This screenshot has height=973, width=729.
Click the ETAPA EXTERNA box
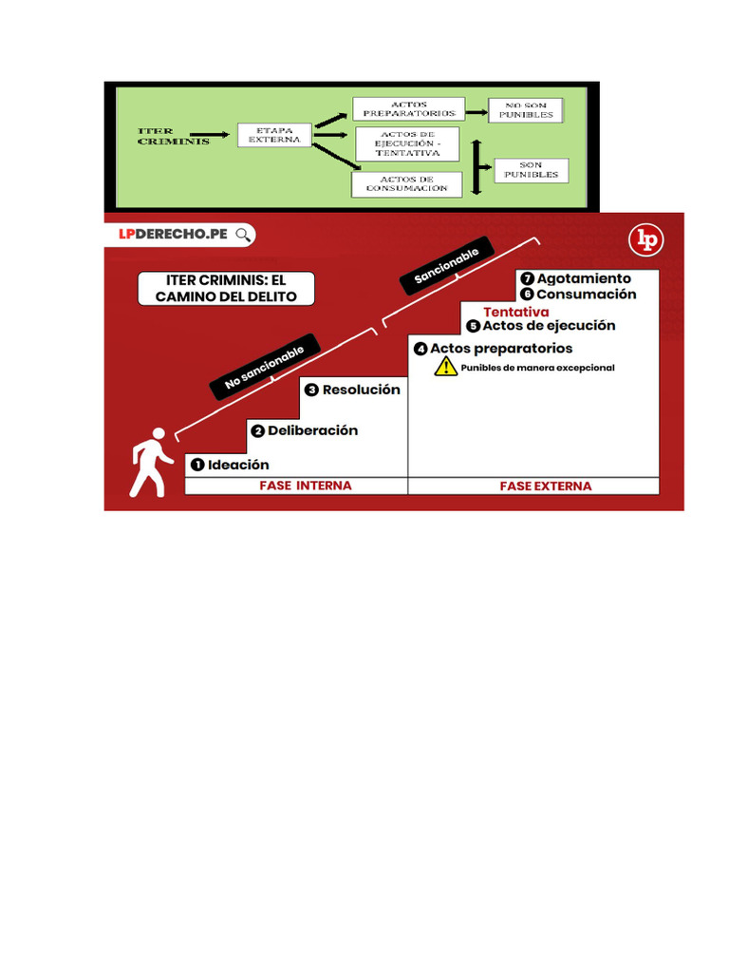274,134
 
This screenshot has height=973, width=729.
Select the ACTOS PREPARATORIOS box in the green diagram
408,108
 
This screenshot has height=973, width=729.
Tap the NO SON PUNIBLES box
526,109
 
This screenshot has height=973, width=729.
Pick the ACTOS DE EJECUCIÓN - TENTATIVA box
407,143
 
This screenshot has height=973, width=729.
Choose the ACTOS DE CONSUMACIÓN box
406,183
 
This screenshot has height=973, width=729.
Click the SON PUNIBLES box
532,170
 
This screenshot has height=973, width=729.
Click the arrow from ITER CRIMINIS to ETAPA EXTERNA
209,135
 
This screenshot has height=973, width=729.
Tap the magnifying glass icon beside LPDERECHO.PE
244,235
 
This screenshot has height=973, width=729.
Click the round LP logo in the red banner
649,239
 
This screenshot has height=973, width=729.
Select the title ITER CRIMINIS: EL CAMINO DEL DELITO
226,289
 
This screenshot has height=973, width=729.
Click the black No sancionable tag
265,368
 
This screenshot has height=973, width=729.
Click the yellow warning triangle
446,367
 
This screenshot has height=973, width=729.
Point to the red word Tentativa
516,312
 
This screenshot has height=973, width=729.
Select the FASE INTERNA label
306,486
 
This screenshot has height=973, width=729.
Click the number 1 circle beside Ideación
197,465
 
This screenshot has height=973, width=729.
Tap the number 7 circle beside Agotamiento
527,279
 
